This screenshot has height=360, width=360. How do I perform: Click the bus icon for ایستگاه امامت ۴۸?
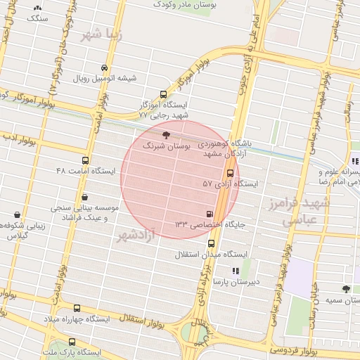click(85, 161)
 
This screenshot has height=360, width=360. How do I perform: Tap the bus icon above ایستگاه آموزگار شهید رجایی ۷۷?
click(164, 94)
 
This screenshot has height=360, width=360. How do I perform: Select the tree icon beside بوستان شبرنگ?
click(165, 134)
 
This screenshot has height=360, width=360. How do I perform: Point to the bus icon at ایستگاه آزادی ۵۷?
click(230, 173)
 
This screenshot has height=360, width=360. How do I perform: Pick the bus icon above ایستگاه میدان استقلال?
click(211, 243)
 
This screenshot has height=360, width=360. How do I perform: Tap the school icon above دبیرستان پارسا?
click(236, 270)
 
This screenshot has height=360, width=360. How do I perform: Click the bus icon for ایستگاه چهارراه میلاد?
click(77, 308)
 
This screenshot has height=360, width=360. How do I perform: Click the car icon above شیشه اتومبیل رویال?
click(105, 68)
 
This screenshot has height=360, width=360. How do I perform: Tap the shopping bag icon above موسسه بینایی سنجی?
click(85, 198)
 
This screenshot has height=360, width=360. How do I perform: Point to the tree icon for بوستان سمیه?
click(345, 289)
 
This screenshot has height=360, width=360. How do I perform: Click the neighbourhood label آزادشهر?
click(136, 235)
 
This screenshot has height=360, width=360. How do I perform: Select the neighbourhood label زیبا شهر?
click(102, 34)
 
